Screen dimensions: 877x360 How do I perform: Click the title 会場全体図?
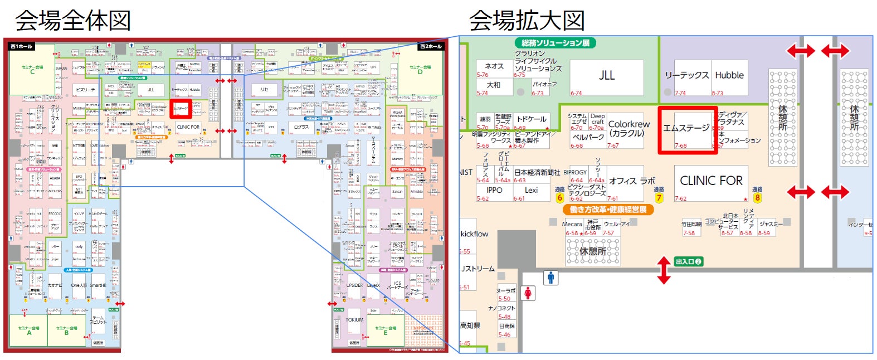73,21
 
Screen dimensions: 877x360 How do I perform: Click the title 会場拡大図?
527,21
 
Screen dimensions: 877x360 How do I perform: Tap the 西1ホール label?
22,46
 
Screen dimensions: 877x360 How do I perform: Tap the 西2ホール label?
430,46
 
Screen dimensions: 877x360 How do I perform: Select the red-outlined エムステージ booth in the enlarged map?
686,130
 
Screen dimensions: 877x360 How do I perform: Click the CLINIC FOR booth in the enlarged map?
711,181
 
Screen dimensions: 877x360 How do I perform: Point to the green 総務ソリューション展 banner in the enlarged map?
555,43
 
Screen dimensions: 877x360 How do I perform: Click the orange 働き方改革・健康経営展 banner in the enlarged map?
608,210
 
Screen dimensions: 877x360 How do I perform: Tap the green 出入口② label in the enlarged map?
688,261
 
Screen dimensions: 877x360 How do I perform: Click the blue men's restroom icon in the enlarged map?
550,278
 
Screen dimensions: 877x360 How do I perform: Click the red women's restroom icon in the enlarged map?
528,293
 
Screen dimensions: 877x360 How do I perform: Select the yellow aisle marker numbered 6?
560,198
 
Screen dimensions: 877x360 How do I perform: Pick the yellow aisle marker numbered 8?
757,198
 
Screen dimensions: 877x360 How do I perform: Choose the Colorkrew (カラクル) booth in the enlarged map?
628,129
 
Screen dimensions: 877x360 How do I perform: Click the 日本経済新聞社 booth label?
537,173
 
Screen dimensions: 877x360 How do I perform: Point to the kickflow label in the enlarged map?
474,234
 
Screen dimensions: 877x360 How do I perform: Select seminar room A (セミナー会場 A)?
29,330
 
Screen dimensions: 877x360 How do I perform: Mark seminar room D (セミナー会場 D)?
420,69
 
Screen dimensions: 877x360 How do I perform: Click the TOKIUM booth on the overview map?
354,320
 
